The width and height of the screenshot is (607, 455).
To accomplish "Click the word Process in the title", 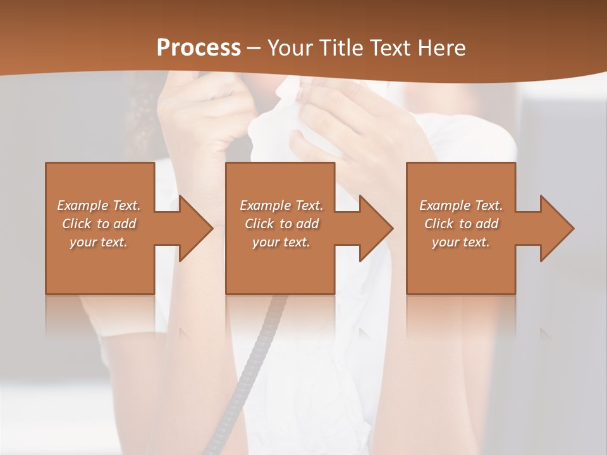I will point(199,48).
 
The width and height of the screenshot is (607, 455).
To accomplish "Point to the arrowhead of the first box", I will point(193,228).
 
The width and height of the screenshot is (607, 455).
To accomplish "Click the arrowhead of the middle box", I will point(374,228).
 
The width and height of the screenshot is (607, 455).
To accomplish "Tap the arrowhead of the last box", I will point(555,228).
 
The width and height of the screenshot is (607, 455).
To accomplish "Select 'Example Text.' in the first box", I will point(99,205).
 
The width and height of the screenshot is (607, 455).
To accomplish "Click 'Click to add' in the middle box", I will point(281,224).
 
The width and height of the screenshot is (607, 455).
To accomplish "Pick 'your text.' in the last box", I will point(461,242).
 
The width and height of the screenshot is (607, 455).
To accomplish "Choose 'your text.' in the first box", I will point(99,242).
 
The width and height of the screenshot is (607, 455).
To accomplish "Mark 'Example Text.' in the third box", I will point(461,205).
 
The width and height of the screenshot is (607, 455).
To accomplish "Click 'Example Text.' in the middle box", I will point(281,205).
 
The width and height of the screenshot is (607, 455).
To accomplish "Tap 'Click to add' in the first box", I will point(99,224).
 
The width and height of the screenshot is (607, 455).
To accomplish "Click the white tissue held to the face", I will point(278,126).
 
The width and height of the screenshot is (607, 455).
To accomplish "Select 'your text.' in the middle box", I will point(281,242).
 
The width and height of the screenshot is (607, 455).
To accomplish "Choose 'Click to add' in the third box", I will point(461,224).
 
